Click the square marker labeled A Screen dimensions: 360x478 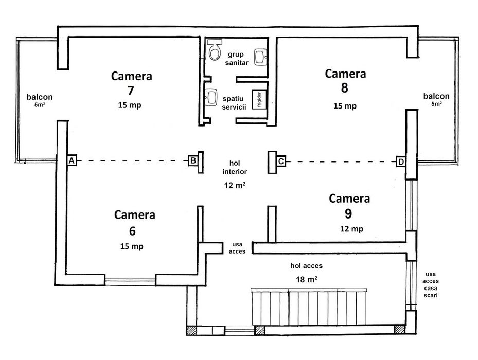pos(72,160)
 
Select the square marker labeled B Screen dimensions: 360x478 pos(192,160)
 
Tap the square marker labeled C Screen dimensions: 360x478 pos(281,161)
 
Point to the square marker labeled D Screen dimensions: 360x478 pos(401,161)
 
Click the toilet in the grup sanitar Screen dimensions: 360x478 pos(215,50)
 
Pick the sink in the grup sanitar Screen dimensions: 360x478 pos(261,56)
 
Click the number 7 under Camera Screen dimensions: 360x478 pos(131,91)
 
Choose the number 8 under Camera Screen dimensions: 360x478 pos(344,88)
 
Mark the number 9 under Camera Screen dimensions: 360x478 pos(349,213)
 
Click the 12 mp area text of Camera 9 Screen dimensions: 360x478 pos(351,228)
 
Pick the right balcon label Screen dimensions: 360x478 pos(436,96)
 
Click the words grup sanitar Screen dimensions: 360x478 pos(237,58)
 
